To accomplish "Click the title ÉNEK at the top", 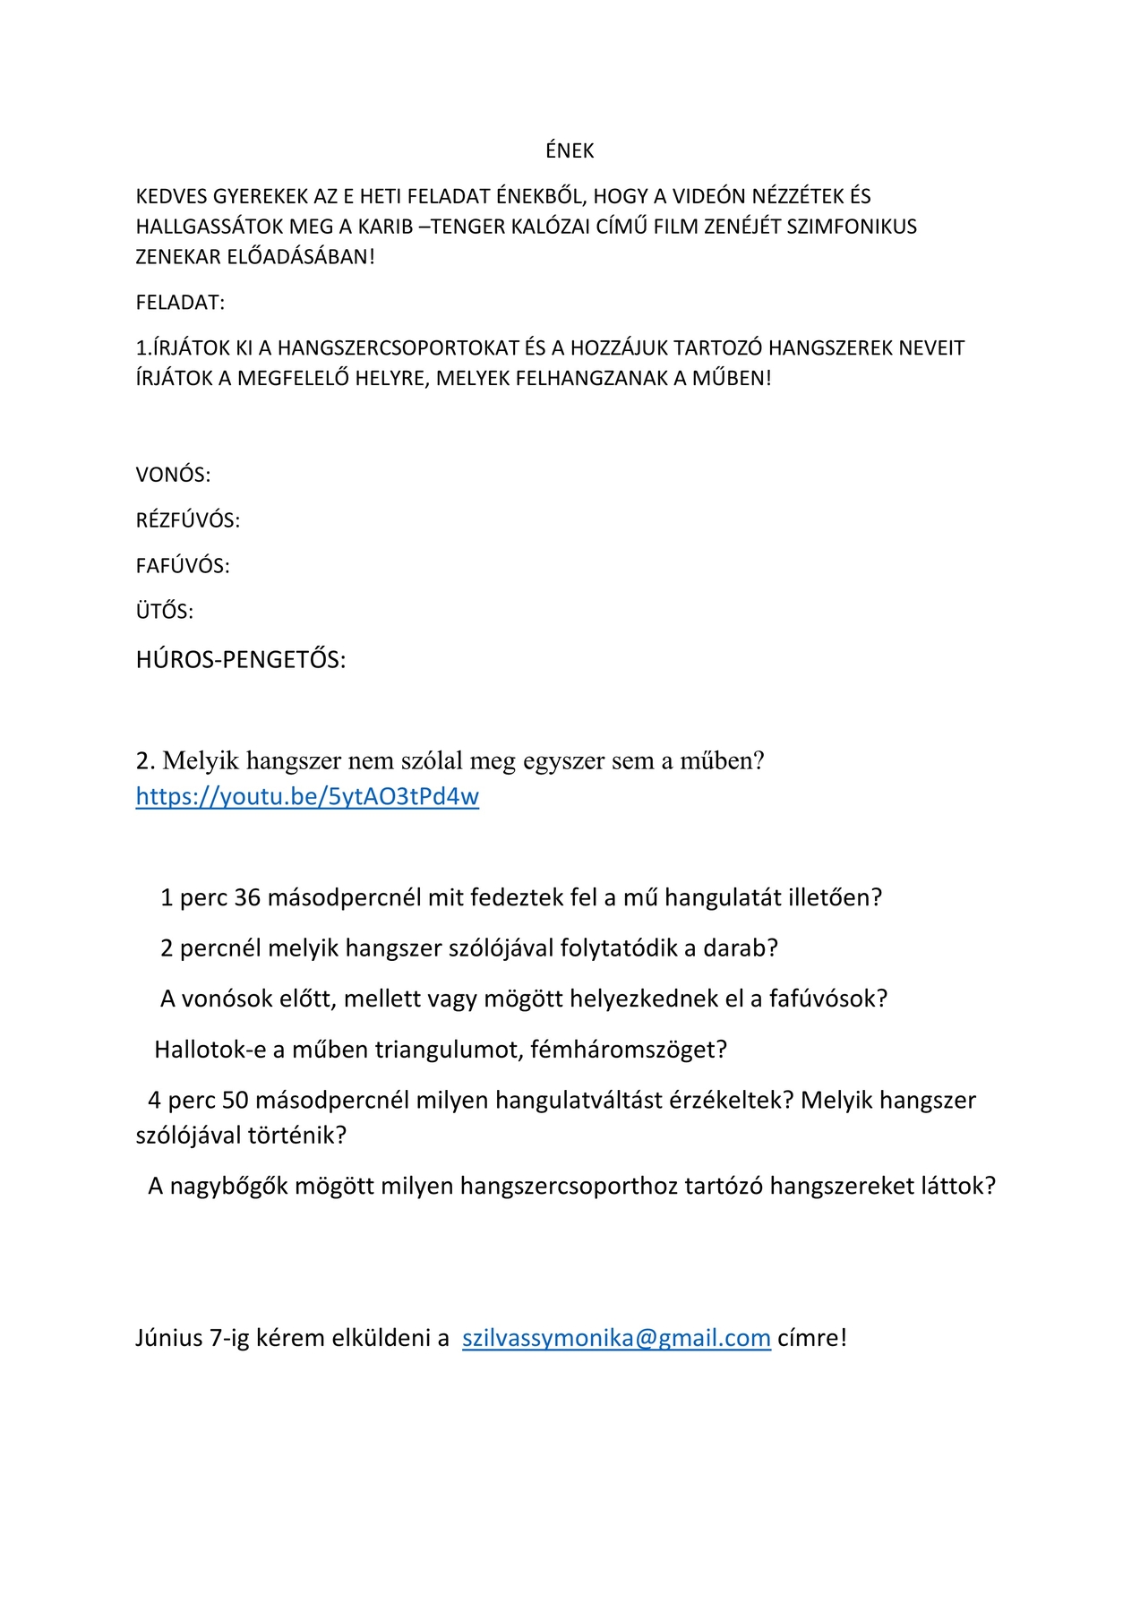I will (x=570, y=151).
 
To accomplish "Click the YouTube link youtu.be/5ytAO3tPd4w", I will (x=307, y=796).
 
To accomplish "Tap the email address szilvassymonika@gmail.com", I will (x=616, y=1338).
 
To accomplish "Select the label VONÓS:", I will (x=173, y=475).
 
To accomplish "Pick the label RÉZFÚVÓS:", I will (x=187, y=520).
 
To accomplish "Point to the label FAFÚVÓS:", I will (x=183, y=566).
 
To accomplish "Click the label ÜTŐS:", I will (x=165, y=612).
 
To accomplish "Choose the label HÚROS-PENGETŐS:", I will (x=240, y=660).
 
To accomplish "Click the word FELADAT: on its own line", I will (x=180, y=303).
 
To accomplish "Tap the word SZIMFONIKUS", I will (x=852, y=227).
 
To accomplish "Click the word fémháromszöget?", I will (x=628, y=1049).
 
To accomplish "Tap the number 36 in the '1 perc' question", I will (x=247, y=897).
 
